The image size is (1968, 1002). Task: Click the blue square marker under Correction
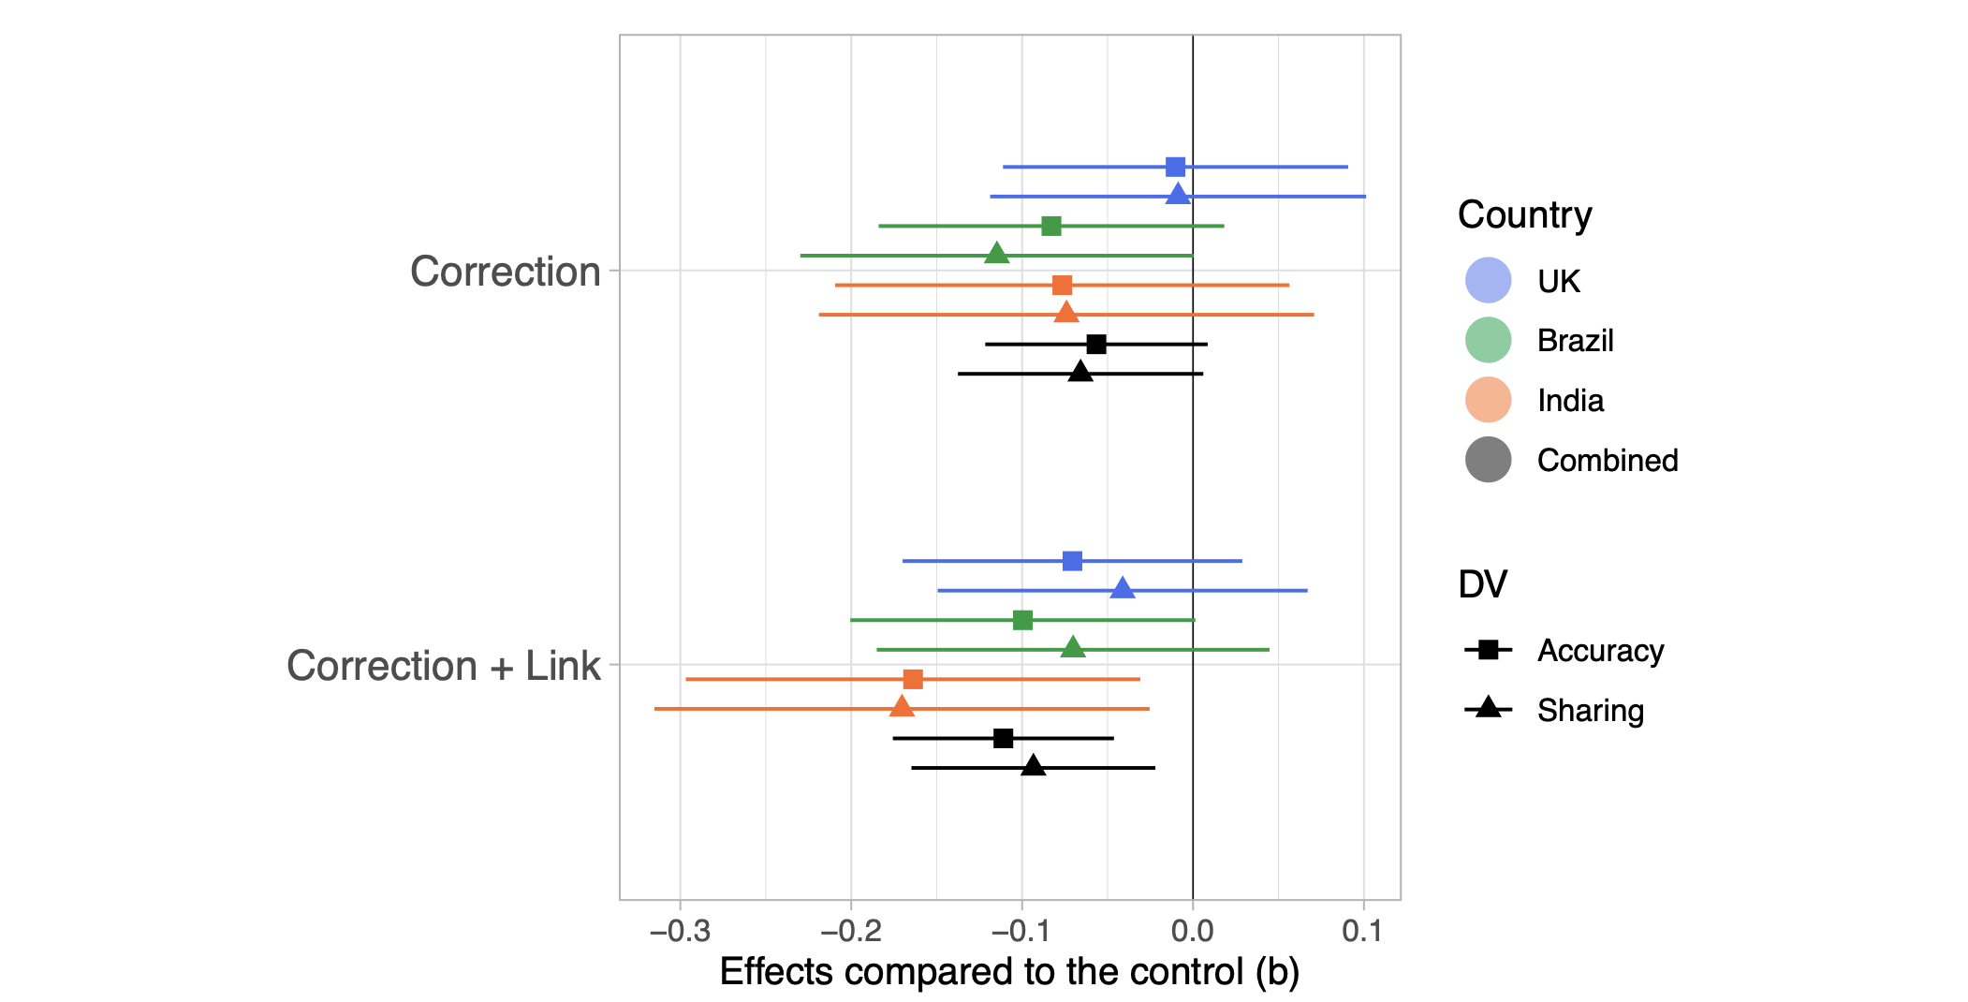pos(1175,168)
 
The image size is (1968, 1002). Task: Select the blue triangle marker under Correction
pos(1178,195)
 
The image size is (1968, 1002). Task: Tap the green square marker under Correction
pos(1051,226)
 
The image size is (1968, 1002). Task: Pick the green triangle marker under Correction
pos(997,254)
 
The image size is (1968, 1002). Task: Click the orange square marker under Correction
pos(1062,285)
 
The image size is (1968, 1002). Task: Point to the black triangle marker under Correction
pos(1080,372)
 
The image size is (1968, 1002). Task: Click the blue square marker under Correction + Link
pos(1072,561)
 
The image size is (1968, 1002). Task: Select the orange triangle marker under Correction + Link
pos(902,707)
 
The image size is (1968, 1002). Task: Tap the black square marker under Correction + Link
pos(1003,738)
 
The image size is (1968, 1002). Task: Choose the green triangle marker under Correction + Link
pos(1073,647)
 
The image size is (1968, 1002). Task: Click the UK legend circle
pos(1488,280)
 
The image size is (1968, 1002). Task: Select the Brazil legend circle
pos(1488,340)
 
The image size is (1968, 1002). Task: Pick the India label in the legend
pos(1570,401)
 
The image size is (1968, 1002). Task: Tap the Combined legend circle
pos(1488,460)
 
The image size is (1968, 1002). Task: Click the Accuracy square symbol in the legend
pos(1488,650)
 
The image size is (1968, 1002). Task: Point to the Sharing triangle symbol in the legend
pos(1488,709)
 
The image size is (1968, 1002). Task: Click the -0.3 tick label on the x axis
pos(680,931)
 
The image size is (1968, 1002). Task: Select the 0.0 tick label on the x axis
pos(1192,931)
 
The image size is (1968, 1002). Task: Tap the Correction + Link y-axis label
pos(443,666)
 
